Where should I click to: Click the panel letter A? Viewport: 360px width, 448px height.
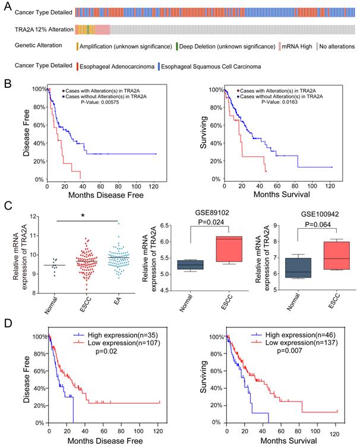click(6, 5)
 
